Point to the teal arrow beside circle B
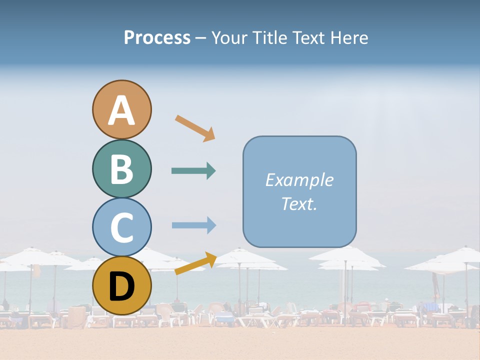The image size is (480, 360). pos(193,171)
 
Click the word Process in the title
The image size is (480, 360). pos(157,37)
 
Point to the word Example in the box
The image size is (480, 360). pos(299,180)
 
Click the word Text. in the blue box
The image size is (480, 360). pos(299,204)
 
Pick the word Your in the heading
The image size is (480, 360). pos(230,38)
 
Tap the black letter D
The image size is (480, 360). pos(122,287)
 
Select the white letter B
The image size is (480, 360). pos(122,169)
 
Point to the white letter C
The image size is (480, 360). pos(122,227)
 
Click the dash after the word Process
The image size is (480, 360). pos(200,38)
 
